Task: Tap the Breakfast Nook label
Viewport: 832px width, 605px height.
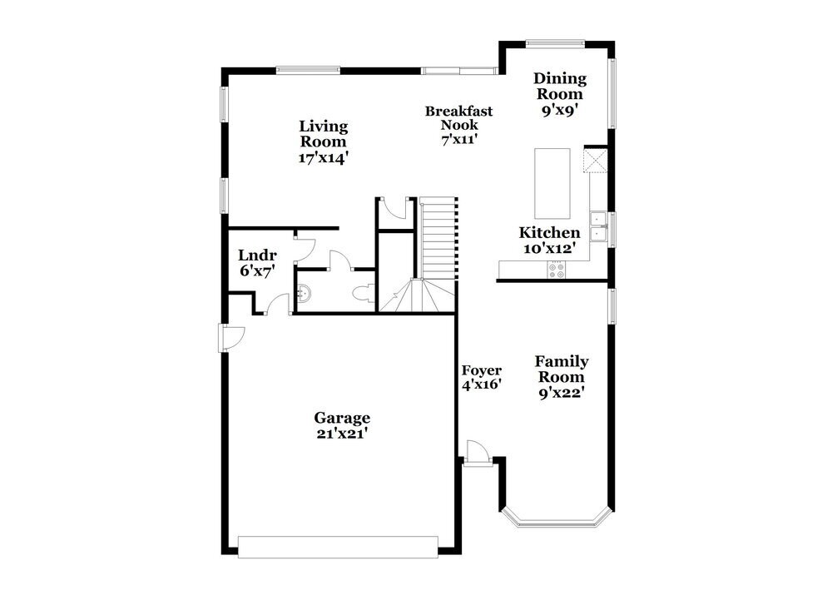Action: pyautogui.click(x=458, y=117)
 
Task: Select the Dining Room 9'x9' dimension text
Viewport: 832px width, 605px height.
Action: pyautogui.click(x=559, y=108)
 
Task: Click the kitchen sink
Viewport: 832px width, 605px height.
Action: pyautogui.click(x=598, y=226)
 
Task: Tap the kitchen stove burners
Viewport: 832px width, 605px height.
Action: pyautogui.click(x=556, y=269)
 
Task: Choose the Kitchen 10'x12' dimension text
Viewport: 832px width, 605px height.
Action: pyautogui.click(x=549, y=248)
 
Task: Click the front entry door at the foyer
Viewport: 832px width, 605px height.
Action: pyautogui.click(x=478, y=454)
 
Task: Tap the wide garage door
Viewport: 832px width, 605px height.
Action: pyautogui.click(x=338, y=546)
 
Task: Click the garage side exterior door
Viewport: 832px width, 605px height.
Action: pyautogui.click(x=230, y=336)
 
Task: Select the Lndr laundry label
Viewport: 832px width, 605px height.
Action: pyautogui.click(x=257, y=255)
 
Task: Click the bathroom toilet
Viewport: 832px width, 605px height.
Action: pyautogui.click(x=364, y=293)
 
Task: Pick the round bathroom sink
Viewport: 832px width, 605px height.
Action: pyautogui.click(x=305, y=293)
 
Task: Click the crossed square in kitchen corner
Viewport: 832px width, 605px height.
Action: pyautogui.click(x=597, y=160)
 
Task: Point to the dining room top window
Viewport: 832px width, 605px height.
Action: pyautogui.click(x=556, y=43)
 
